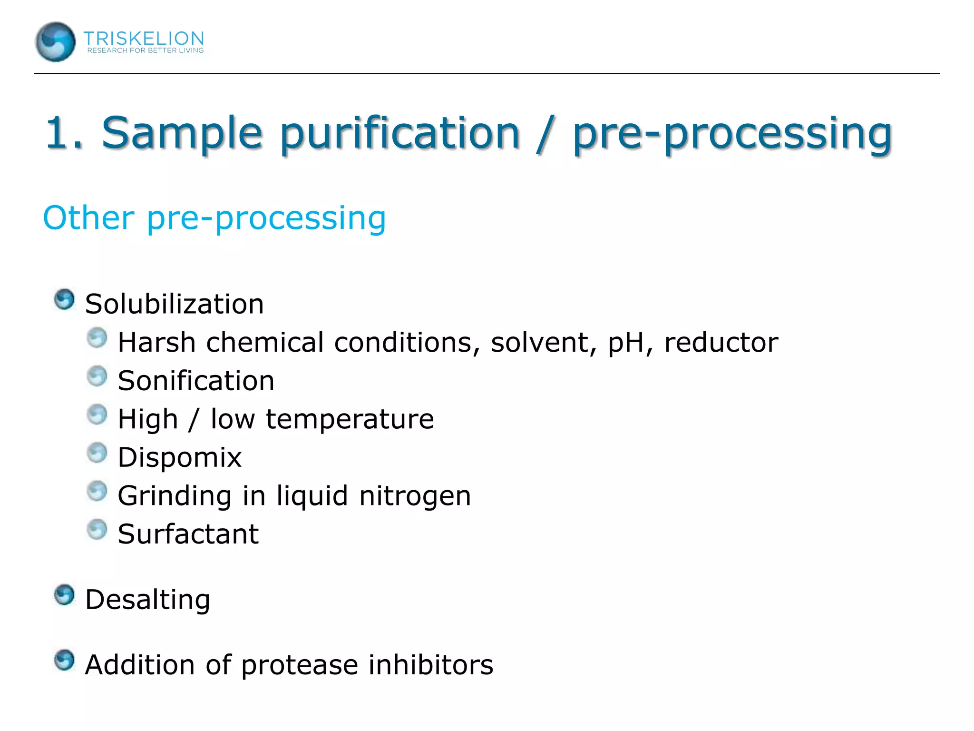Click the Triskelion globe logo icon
click(55, 42)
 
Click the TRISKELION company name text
click(144, 38)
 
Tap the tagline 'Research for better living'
click(145, 50)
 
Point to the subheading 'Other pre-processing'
click(214, 218)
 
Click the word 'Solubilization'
click(174, 304)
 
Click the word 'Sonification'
click(196, 381)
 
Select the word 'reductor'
click(721, 342)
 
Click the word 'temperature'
click(350, 419)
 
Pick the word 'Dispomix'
click(180, 457)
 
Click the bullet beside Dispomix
click(97, 453)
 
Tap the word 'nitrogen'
click(415, 496)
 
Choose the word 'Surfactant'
click(188, 534)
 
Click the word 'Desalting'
click(147, 600)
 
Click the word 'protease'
click(299, 665)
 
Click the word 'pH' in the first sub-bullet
click(626, 342)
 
